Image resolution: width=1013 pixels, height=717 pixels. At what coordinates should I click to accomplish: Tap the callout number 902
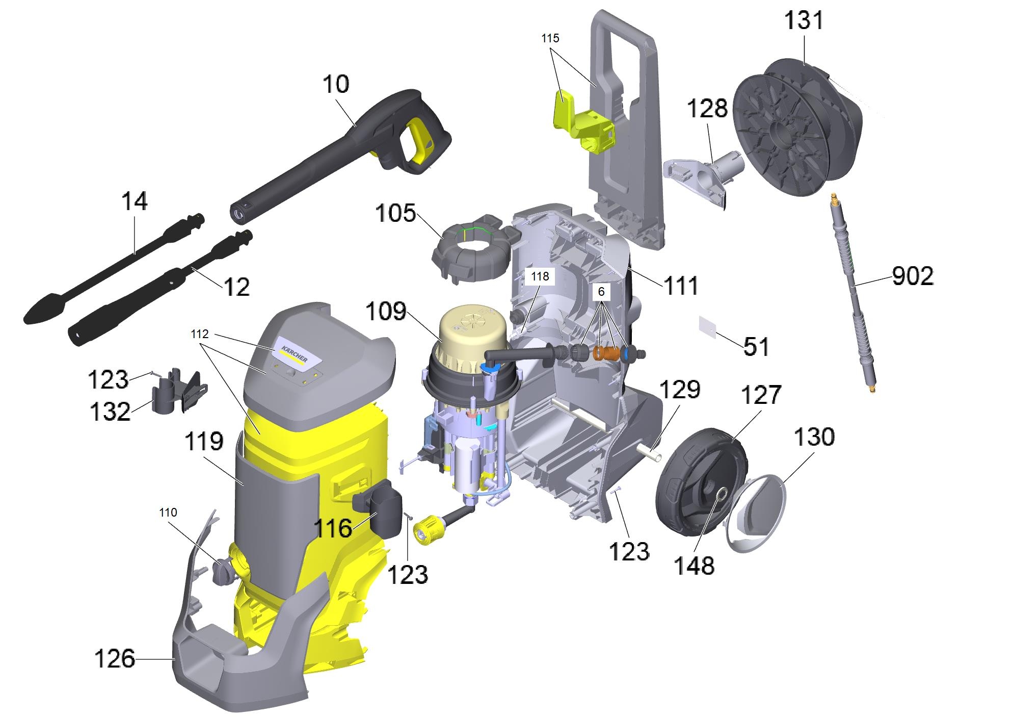pos(913,276)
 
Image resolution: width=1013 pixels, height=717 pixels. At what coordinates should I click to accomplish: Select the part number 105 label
pos(395,213)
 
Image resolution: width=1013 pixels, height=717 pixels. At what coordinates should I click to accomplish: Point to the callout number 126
pos(115,658)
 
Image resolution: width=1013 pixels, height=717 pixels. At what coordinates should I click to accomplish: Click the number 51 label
pos(756,347)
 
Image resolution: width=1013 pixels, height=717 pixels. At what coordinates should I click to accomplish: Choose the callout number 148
pos(694,565)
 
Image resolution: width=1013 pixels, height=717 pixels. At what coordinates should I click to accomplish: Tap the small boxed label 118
pos(540,276)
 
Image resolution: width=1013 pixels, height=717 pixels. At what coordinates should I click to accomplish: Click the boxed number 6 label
pos(601,292)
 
